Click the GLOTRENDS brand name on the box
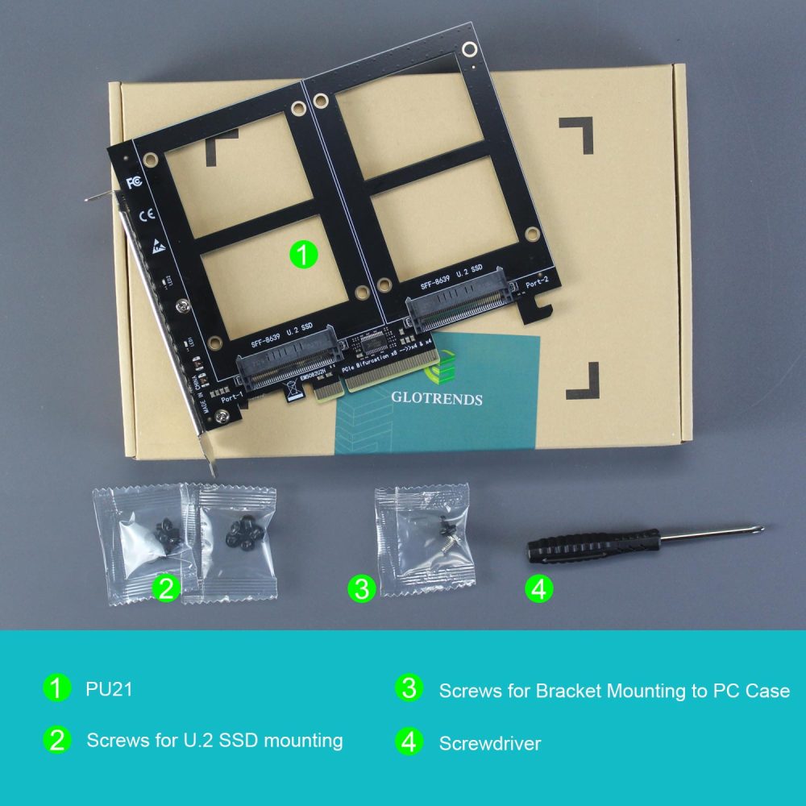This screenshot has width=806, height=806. pos(436,399)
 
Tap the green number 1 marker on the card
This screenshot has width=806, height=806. pos(303,256)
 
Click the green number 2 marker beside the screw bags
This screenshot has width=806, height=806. pos(167,588)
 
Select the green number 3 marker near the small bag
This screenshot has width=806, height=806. pos(362,589)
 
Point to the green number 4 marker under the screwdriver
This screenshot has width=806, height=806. pos(539,589)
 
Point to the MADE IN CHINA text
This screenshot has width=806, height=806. pos(200,391)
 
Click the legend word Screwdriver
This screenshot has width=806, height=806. pos(489,742)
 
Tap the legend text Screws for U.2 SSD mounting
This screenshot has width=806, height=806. pos(214,740)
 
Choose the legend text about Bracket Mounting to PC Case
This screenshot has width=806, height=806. pos(614,691)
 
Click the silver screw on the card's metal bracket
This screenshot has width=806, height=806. pos(185,306)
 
